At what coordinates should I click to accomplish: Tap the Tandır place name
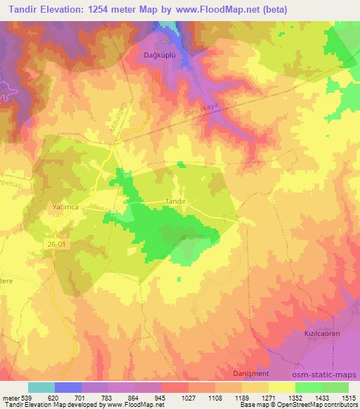click(155, 200)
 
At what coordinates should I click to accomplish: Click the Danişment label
click(251, 372)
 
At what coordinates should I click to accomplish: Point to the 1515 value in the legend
click(349, 397)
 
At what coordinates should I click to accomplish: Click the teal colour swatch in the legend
click(41, 387)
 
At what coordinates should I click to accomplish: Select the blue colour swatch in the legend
click(68, 387)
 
